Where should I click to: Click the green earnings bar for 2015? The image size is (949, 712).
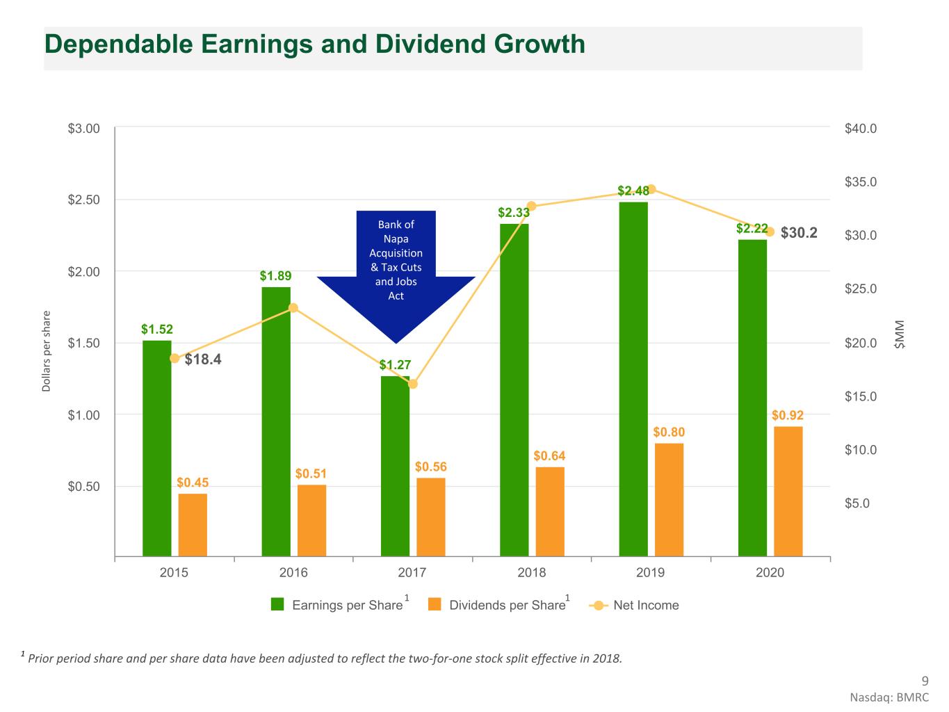tap(156, 448)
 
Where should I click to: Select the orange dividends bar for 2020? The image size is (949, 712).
tap(788, 491)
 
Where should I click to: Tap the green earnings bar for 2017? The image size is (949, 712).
tap(395, 466)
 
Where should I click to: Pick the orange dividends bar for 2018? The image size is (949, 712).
tap(550, 511)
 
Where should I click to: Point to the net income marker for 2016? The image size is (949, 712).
tap(293, 308)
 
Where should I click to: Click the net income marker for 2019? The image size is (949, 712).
tap(651, 189)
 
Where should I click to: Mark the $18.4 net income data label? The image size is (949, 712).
tap(203, 359)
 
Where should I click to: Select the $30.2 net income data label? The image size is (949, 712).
tap(799, 233)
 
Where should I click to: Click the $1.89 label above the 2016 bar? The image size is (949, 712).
tap(275, 276)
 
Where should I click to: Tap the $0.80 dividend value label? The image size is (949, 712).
tap(669, 432)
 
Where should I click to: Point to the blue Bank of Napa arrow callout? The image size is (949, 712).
tap(396, 271)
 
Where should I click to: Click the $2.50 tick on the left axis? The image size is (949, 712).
tap(83, 200)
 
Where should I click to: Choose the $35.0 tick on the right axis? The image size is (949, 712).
tap(861, 182)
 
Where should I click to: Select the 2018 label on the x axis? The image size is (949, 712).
tap(531, 573)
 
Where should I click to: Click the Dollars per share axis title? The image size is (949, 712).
tap(47, 351)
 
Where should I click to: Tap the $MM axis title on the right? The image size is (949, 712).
tap(900, 334)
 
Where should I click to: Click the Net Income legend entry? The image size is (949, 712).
tap(645, 606)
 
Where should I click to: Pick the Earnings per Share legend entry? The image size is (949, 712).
tap(346, 606)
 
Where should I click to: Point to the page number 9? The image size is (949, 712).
tap(924, 681)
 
